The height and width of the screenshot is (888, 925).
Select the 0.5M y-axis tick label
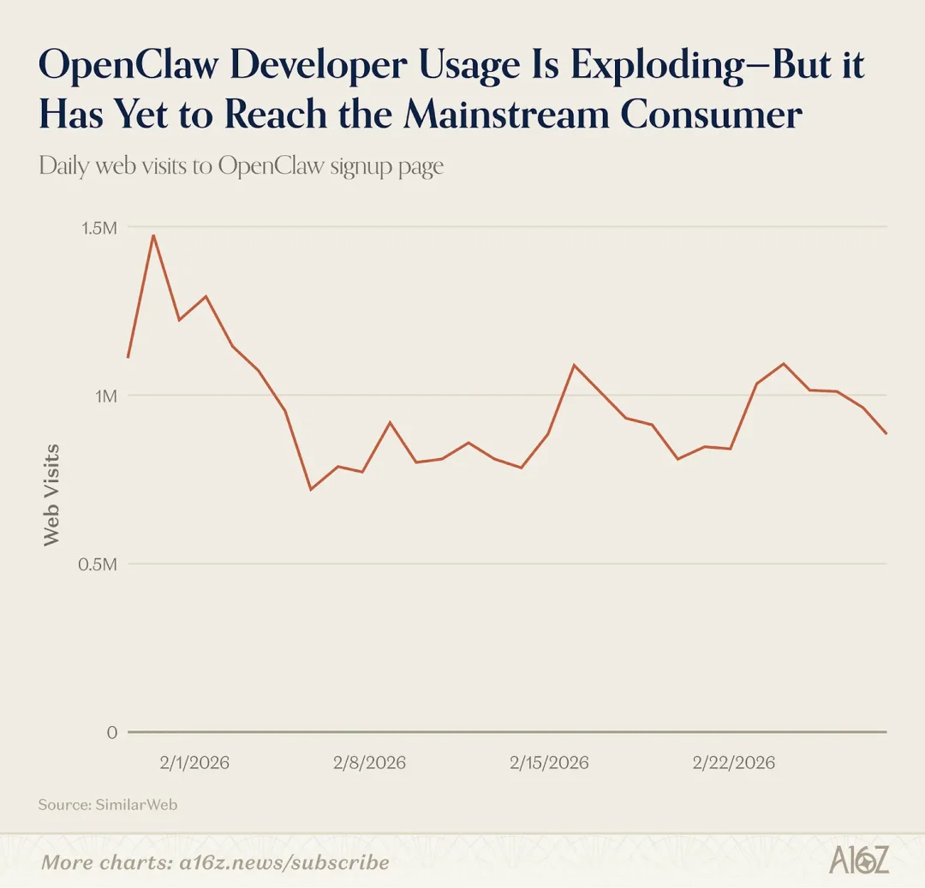(x=97, y=564)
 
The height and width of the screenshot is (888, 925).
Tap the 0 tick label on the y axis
(x=111, y=733)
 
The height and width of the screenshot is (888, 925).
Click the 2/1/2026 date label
(x=194, y=762)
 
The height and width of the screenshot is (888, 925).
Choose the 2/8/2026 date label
(x=370, y=762)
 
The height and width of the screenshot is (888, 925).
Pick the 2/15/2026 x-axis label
(x=549, y=762)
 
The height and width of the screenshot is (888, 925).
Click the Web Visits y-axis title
(x=52, y=494)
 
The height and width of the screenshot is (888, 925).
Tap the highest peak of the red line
(x=153, y=235)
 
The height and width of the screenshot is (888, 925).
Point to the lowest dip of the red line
(x=310, y=489)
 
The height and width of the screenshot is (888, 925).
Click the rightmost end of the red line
(x=886, y=433)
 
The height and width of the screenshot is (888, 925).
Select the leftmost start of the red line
(x=128, y=357)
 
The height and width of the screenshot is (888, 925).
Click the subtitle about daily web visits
(x=241, y=165)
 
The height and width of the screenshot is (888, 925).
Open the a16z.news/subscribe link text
(x=290, y=861)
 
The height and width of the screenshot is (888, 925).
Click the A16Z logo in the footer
(x=858, y=861)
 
